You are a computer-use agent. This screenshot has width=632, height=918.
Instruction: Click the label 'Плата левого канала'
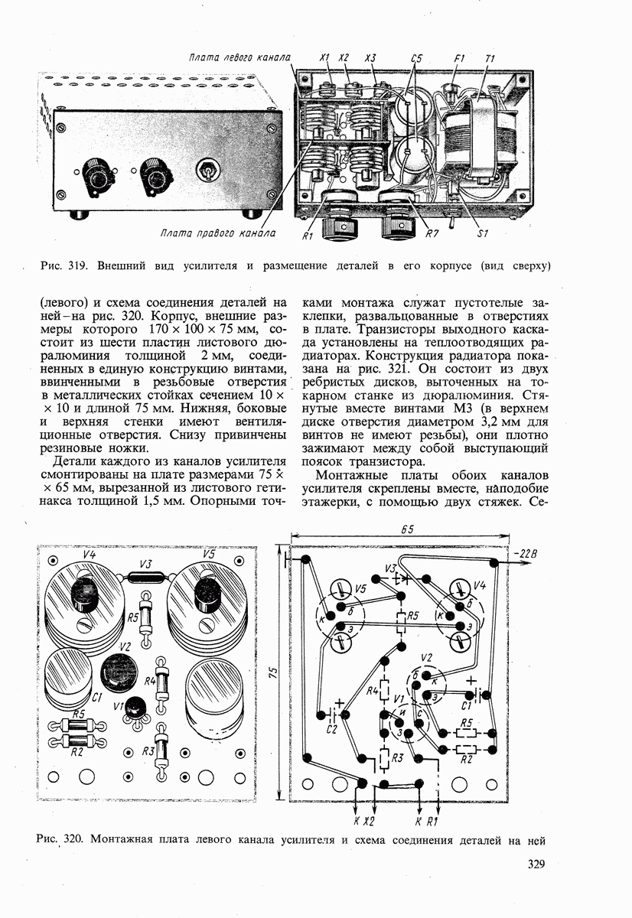coord(239,57)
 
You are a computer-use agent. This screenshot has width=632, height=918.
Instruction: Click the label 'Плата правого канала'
coord(217,233)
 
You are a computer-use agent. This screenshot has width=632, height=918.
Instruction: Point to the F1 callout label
coord(459,59)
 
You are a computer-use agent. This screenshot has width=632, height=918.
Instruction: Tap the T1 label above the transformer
coord(490,59)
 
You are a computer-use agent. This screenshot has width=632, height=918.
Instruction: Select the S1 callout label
coord(483,233)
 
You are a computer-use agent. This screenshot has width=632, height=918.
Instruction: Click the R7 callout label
coord(432,233)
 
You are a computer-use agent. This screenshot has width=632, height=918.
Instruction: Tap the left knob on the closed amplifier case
coord(97,177)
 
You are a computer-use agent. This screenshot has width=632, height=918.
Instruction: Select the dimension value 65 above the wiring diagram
coord(407,529)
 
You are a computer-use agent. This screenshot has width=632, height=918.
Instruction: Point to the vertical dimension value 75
coord(273,672)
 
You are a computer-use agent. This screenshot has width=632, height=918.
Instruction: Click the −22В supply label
coord(525,555)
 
